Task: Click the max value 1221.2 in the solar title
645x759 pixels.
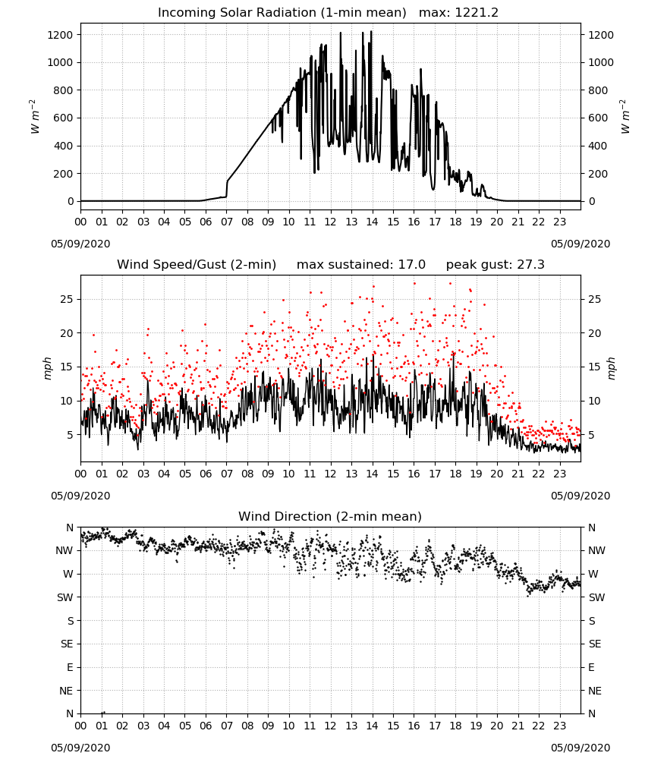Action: pos(477,13)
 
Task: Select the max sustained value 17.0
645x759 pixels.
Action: pos(412,265)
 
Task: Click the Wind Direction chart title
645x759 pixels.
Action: pos(330,516)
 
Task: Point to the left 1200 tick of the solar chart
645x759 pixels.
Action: pos(60,35)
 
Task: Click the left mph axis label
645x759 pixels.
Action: pos(47,368)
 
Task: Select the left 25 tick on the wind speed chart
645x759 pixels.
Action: pos(67,299)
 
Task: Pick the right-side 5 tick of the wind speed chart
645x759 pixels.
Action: pos(591,435)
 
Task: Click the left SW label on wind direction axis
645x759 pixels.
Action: pos(65,598)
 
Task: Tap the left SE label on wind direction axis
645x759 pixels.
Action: pos(67,644)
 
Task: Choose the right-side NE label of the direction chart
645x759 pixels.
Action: pos(595,691)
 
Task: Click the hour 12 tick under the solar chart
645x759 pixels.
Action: pos(331,222)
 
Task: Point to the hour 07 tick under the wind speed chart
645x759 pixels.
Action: pos(226,474)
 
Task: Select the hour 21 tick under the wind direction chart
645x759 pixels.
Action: pos(518,726)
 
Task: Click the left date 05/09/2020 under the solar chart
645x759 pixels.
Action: pos(80,244)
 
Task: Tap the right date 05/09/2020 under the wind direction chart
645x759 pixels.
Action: pos(580,748)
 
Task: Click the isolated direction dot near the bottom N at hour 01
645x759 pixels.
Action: pos(103,713)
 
